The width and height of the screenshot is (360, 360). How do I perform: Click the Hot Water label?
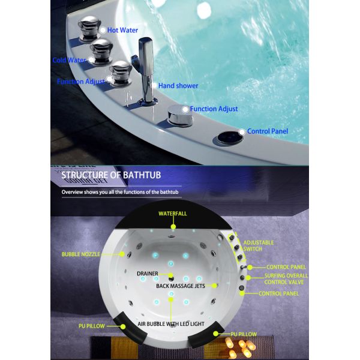click(x=124, y=29)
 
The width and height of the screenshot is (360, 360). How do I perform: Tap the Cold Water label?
click(x=68, y=60)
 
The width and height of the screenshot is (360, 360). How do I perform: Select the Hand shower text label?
click(x=179, y=86)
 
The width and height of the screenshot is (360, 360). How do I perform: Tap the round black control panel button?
click(x=227, y=137)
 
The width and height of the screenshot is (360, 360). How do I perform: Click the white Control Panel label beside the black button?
click(x=268, y=131)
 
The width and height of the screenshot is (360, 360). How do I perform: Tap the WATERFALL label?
click(x=173, y=214)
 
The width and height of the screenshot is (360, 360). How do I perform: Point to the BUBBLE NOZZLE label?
click(x=80, y=254)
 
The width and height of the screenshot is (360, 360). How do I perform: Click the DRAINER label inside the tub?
click(x=147, y=274)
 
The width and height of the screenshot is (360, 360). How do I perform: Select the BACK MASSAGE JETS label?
click(x=180, y=286)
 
